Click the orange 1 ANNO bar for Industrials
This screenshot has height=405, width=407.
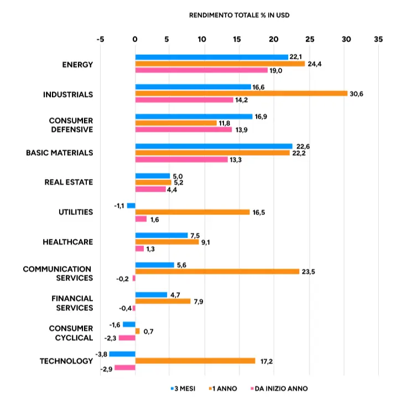[241, 93]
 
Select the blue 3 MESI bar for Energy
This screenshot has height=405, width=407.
[212, 57]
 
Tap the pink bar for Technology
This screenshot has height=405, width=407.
[125, 367]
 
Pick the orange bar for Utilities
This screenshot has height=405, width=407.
[192, 212]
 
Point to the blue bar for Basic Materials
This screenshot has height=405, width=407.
[213, 146]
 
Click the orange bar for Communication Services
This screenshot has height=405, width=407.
[217, 271]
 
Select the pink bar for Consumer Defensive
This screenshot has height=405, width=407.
[184, 129]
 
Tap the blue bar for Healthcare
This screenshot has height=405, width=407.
[161, 235]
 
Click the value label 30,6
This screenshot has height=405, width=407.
[357, 94]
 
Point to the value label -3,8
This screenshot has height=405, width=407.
[101, 354]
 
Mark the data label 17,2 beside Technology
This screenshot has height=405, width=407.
[266, 361]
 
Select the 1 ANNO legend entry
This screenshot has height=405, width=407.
[222, 388]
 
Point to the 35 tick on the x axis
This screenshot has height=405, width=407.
[378, 40]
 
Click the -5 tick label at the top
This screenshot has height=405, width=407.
[100, 40]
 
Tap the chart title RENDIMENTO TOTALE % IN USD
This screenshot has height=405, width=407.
[239, 15]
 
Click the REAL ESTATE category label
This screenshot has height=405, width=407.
[69, 182]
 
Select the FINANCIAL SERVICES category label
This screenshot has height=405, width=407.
[72, 303]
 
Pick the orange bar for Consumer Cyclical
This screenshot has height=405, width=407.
[138, 331]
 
